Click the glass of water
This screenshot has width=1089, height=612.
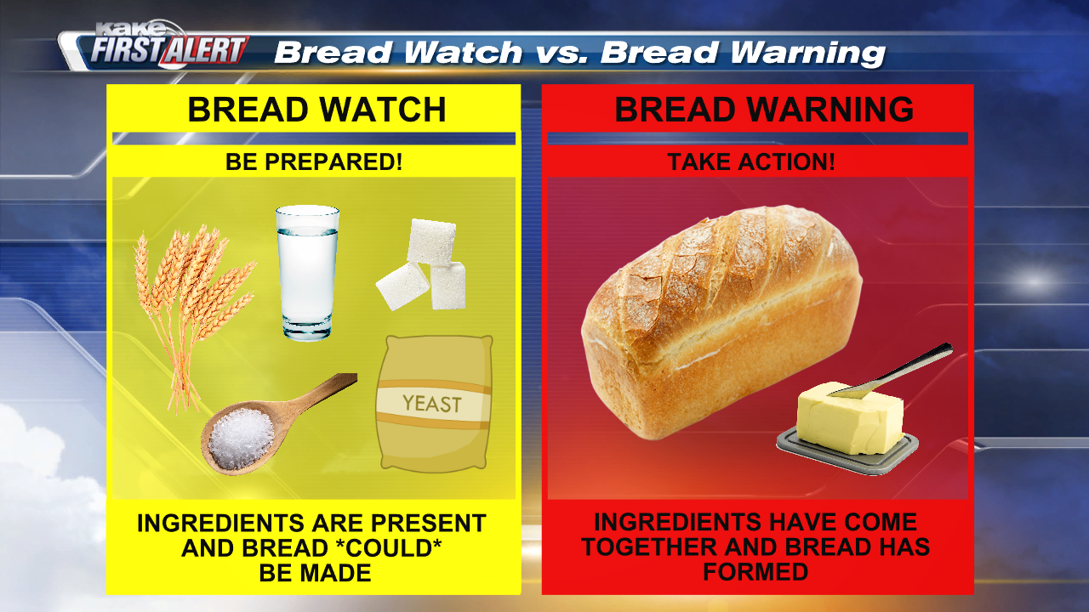(x=307, y=273)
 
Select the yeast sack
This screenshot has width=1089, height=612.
(x=434, y=404)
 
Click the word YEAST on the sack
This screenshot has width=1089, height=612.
(x=432, y=403)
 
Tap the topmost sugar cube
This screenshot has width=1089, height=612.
(x=431, y=241)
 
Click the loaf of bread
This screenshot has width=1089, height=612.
(x=721, y=320)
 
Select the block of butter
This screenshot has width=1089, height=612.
(x=849, y=417)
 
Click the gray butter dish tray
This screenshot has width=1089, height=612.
(x=847, y=451)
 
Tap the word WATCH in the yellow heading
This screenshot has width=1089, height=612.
(x=383, y=110)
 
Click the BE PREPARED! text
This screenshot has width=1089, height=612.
(x=314, y=161)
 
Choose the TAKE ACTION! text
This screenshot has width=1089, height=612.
(x=751, y=161)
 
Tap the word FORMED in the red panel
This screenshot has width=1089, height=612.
(x=755, y=572)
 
